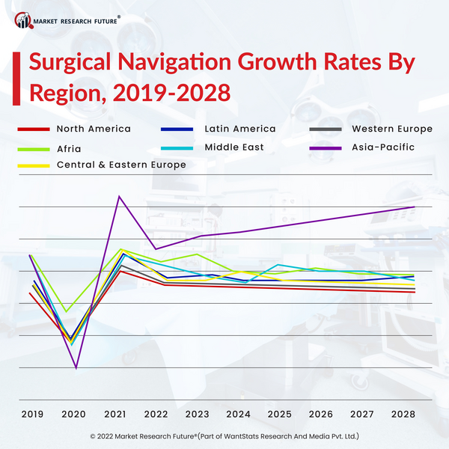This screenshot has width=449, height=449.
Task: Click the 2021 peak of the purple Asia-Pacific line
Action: (120, 196)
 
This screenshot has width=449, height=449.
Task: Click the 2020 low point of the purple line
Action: (76, 367)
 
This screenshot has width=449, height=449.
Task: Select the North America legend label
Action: (94, 129)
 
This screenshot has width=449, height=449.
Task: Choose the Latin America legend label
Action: (239, 129)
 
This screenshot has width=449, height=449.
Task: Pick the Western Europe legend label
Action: (391, 129)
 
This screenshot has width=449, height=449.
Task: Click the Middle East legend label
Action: (233, 147)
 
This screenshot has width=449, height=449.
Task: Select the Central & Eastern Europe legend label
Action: (121, 165)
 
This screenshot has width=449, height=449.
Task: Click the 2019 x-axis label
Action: (32, 414)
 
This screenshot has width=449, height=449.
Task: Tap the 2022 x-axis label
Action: (156, 414)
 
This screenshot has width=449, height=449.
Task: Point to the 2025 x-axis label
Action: (279, 414)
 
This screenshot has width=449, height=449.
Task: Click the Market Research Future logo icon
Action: (24, 19)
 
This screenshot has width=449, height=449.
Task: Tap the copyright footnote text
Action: (224, 435)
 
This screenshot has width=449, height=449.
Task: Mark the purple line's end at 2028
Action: (414, 207)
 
